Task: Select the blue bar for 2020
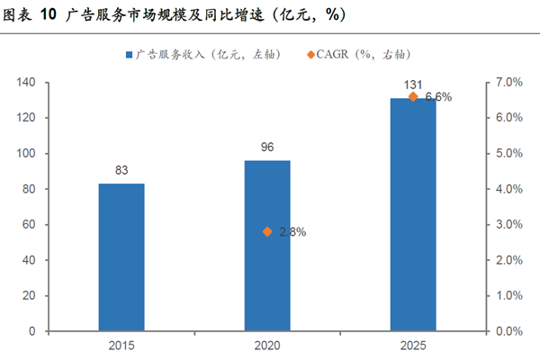click(x=267, y=245)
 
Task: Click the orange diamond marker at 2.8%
click(x=267, y=231)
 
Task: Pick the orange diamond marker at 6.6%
click(x=413, y=96)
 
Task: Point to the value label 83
click(x=121, y=169)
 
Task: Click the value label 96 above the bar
click(x=267, y=147)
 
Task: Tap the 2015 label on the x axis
click(x=121, y=346)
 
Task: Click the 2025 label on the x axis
click(x=413, y=346)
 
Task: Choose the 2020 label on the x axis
click(x=267, y=346)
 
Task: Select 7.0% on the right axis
click(x=508, y=83)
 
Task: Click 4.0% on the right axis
click(x=508, y=189)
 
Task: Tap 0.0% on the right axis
click(x=508, y=331)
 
